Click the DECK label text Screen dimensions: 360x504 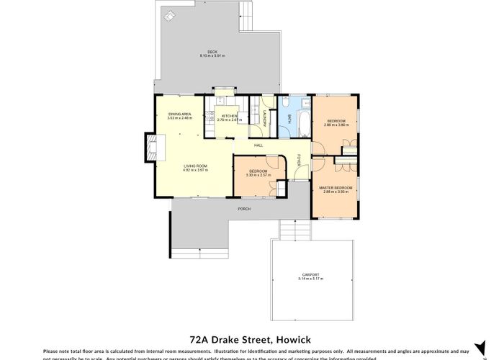212,52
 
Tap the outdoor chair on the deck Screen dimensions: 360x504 170,14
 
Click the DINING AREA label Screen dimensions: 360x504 180,114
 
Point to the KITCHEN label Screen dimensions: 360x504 229,116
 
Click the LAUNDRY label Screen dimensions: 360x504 265,119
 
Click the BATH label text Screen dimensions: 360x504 289,120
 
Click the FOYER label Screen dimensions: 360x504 300,161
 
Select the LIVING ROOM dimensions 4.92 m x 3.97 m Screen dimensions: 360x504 195,171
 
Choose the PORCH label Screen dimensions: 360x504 246,209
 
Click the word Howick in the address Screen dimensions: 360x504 295,336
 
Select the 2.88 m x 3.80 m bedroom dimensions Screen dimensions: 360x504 337,125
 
